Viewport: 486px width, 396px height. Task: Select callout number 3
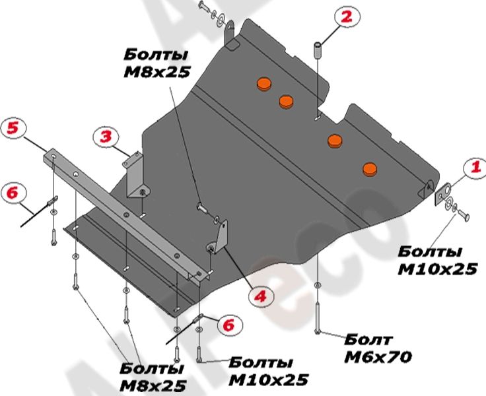tap(106, 137)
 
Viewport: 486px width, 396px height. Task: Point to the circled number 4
tap(261, 296)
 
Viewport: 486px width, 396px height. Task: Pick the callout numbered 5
tap(13, 129)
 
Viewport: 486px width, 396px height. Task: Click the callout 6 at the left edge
tap(13, 193)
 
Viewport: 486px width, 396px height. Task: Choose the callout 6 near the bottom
tap(228, 325)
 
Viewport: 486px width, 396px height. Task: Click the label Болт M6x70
tap(378, 348)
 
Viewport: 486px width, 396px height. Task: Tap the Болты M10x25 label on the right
tap(437, 260)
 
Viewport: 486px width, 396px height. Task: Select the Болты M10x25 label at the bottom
tap(268, 372)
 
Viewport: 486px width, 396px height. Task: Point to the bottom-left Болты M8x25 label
tap(153, 378)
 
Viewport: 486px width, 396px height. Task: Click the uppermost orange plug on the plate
tap(263, 84)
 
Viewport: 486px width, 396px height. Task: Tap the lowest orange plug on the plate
tap(370, 169)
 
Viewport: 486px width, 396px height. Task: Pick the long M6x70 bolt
tap(318, 317)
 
